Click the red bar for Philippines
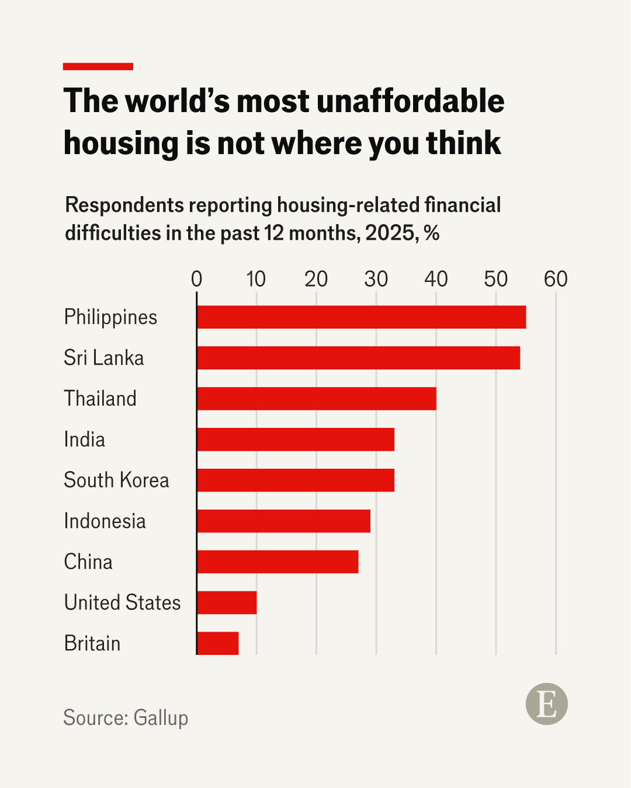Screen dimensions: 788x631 361,317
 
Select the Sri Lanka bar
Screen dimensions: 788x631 358,358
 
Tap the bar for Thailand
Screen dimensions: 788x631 316,399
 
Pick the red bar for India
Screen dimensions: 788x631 296,440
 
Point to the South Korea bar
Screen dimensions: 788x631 296,480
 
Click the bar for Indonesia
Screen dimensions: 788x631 283,521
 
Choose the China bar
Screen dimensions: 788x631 278,562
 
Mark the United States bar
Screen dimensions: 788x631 227,602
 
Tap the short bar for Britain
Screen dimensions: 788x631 218,643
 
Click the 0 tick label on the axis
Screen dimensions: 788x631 196,280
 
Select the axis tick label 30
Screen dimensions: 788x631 376,280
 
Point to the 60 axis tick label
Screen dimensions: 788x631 556,280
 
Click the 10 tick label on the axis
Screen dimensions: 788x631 256,280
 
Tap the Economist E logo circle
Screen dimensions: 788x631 546,704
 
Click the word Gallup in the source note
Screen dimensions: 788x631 161,718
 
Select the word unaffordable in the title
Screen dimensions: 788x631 410,101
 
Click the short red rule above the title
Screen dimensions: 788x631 98,67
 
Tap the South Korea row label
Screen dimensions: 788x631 116,480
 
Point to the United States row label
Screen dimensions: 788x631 122,602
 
